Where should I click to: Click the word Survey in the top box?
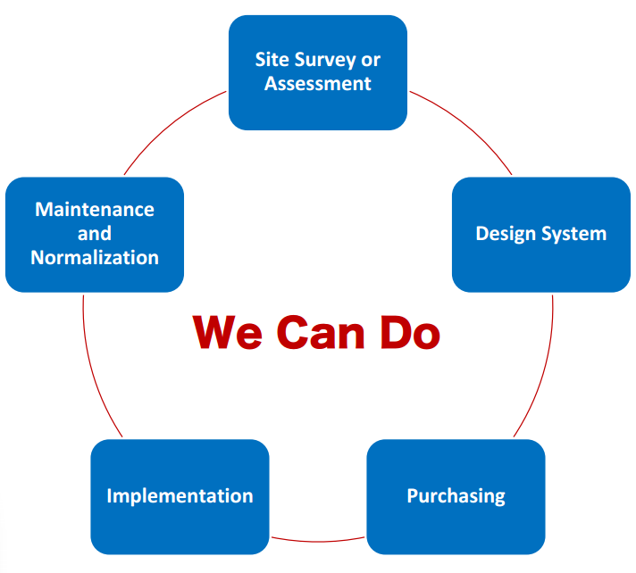(x=325, y=61)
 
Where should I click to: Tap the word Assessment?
(x=318, y=84)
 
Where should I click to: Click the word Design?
(x=506, y=234)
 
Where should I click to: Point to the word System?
(x=574, y=234)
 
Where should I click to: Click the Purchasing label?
(x=456, y=496)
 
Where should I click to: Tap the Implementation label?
(x=180, y=496)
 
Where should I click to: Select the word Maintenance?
(x=95, y=210)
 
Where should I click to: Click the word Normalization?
(x=95, y=258)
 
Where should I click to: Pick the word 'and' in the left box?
(x=95, y=234)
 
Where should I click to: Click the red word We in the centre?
(x=228, y=332)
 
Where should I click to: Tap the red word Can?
(x=321, y=332)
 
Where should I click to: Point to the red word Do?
(x=410, y=332)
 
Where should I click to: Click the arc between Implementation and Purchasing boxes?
(x=318, y=541)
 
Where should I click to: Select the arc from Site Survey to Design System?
(x=466, y=126)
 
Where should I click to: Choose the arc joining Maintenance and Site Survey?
(x=170, y=126)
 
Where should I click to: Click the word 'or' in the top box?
(x=371, y=61)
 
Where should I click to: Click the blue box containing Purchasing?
(x=456, y=497)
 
